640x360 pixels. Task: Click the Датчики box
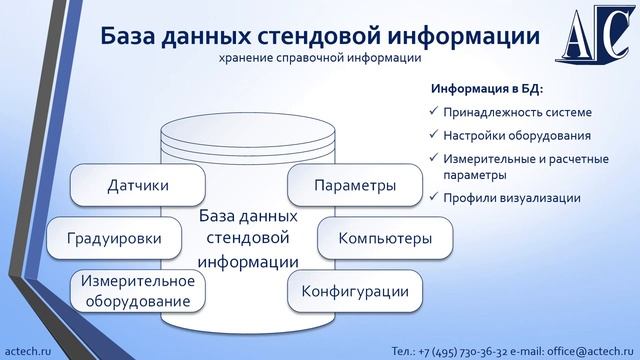[138, 185]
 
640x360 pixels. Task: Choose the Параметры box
[354, 185]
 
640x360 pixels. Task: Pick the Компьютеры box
[385, 239]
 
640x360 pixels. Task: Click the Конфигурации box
[354, 291]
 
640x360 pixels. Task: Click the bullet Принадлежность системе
[509, 111]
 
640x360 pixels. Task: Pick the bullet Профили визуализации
[510, 198]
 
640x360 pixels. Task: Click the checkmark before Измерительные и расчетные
[432, 158]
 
